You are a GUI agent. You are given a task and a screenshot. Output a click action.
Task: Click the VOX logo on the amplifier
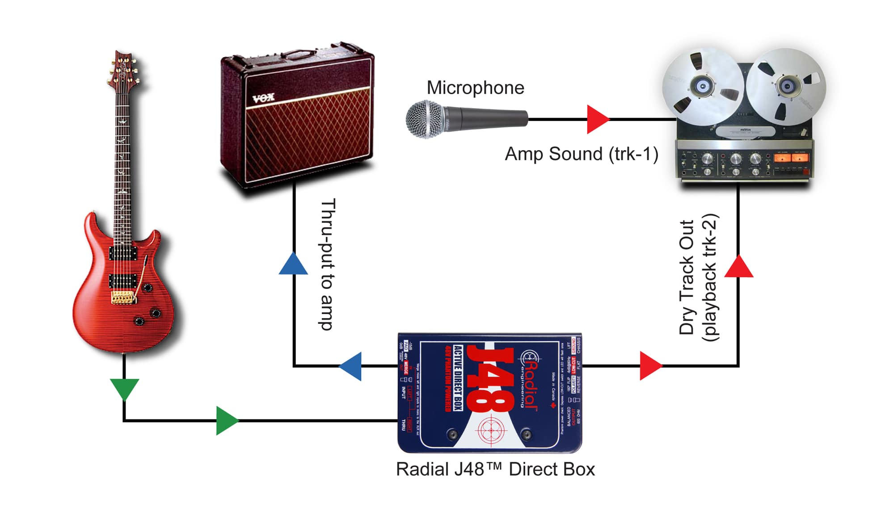click(263, 98)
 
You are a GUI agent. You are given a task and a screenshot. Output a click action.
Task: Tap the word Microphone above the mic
click(475, 88)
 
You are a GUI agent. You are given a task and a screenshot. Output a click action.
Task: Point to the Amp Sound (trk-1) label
click(581, 154)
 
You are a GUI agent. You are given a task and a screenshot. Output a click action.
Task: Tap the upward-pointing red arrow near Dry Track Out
click(738, 267)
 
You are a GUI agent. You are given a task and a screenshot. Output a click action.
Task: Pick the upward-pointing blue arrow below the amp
click(293, 264)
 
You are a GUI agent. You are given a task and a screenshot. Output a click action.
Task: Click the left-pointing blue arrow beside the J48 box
click(352, 366)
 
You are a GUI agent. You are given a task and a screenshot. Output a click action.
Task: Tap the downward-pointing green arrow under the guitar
click(124, 389)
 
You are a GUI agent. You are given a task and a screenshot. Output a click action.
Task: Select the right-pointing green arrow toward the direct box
click(226, 420)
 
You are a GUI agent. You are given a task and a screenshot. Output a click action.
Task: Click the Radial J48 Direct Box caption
click(495, 469)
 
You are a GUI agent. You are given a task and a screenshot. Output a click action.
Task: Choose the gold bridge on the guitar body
click(122, 297)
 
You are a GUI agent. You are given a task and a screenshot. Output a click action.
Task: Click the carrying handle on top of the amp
click(297, 54)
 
